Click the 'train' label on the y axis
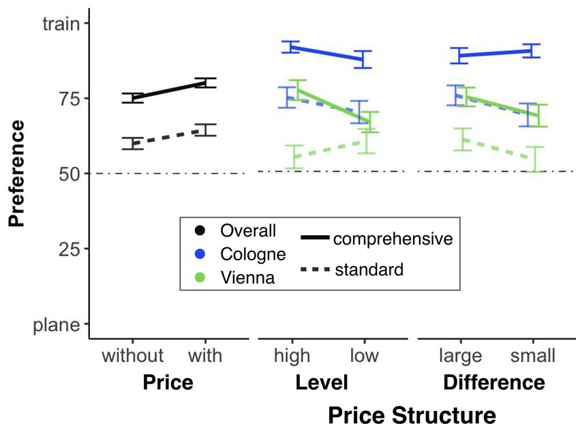(x=62, y=24)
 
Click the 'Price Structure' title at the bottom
(x=411, y=414)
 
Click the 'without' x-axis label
(x=133, y=355)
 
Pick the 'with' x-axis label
(x=206, y=355)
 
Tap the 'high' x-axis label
(x=292, y=355)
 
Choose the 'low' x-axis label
(x=365, y=355)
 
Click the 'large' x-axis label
(x=461, y=355)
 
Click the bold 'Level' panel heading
(x=322, y=382)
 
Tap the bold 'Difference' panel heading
(x=494, y=382)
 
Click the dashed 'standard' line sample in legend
(x=315, y=270)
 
